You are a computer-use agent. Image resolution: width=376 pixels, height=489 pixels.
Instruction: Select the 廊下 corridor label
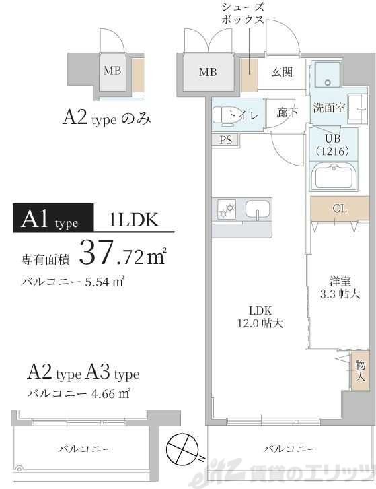tap(287, 113)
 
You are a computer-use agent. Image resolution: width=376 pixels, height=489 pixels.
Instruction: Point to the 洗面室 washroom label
tap(329, 108)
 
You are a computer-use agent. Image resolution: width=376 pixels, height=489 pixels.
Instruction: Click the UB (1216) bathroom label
tap(330, 144)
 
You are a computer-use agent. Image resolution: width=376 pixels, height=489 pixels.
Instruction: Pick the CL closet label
tap(340, 209)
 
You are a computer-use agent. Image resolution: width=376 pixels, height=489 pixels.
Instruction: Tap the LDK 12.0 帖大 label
tap(260, 317)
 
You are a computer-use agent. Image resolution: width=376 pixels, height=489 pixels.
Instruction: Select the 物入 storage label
tap(361, 371)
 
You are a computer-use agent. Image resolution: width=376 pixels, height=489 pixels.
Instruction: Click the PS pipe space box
tap(225, 140)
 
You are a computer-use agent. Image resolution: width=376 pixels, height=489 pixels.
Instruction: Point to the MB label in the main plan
tap(208, 73)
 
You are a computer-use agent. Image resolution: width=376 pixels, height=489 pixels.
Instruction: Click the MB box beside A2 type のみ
tap(112, 70)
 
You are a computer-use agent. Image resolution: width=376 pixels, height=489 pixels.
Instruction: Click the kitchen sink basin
tap(256, 210)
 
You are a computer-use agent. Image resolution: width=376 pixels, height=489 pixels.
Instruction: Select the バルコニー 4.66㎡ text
tap(79, 394)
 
